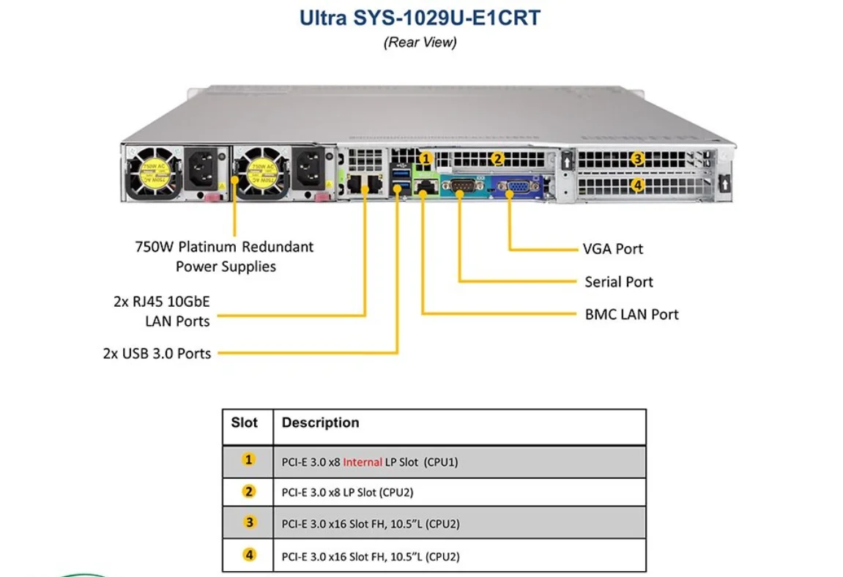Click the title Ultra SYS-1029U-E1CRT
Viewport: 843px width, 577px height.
click(x=420, y=18)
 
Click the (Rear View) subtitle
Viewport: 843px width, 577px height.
click(x=420, y=42)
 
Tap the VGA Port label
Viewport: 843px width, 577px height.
click(x=612, y=249)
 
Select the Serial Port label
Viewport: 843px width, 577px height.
click(x=618, y=282)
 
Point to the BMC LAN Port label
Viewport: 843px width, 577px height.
click(x=631, y=314)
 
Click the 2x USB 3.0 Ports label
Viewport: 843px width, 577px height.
click(x=157, y=354)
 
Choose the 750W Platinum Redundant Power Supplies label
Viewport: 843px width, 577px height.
click(x=224, y=256)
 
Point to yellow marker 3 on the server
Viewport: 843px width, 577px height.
click(x=638, y=159)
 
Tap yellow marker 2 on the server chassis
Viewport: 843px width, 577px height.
click(x=497, y=158)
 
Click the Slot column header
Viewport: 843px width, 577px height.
click(x=245, y=423)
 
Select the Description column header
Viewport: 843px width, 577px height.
click(x=320, y=423)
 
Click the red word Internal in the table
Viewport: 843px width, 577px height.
click(x=363, y=462)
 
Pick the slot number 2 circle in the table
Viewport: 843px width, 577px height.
click(x=249, y=492)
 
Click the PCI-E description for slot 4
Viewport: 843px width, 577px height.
click(x=371, y=556)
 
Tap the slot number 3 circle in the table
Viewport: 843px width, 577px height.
click(x=249, y=524)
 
